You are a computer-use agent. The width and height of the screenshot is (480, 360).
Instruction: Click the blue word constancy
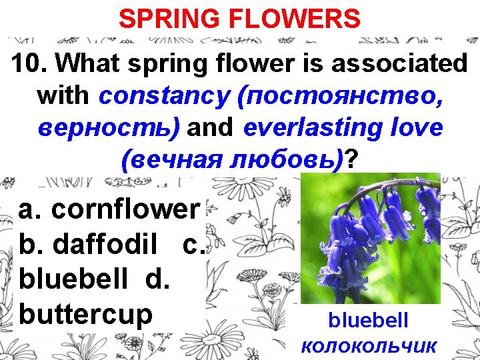164,95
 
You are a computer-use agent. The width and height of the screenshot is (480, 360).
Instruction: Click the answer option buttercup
86,313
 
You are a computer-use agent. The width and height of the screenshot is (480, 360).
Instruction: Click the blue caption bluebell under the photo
368,321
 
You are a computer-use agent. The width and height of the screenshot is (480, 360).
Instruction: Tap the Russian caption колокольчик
369,345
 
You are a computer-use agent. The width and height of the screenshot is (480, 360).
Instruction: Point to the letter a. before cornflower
30,209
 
